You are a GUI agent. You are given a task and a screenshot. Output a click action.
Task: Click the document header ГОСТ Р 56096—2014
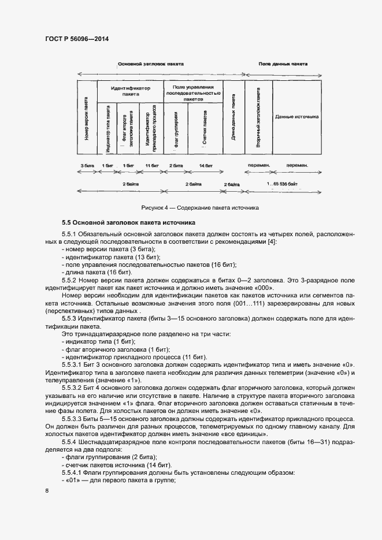tap(76, 39)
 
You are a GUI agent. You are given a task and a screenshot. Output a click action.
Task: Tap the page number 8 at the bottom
tap(47, 491)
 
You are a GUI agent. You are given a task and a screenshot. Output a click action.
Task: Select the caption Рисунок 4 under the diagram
tap(200, 207)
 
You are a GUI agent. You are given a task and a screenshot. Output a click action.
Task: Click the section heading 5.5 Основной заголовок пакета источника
tap(129, 222)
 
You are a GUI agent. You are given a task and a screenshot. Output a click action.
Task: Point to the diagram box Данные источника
tap(298, 117)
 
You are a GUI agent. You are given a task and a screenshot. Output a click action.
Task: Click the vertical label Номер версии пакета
tap(86, 119)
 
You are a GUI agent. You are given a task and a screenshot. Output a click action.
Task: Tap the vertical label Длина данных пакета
tap(233, 118)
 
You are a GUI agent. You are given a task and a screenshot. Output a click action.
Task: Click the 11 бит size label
tap(152, 165)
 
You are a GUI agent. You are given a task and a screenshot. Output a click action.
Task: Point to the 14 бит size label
tap(205, 165)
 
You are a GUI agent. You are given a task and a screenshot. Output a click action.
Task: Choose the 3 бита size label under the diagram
tap(88, 165)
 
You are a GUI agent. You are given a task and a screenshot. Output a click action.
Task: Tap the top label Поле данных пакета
tap(283, 64)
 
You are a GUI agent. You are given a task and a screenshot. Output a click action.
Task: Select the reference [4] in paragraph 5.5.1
tap(271, 241)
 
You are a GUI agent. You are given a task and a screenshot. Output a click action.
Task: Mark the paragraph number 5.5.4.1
tap(73, 472)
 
